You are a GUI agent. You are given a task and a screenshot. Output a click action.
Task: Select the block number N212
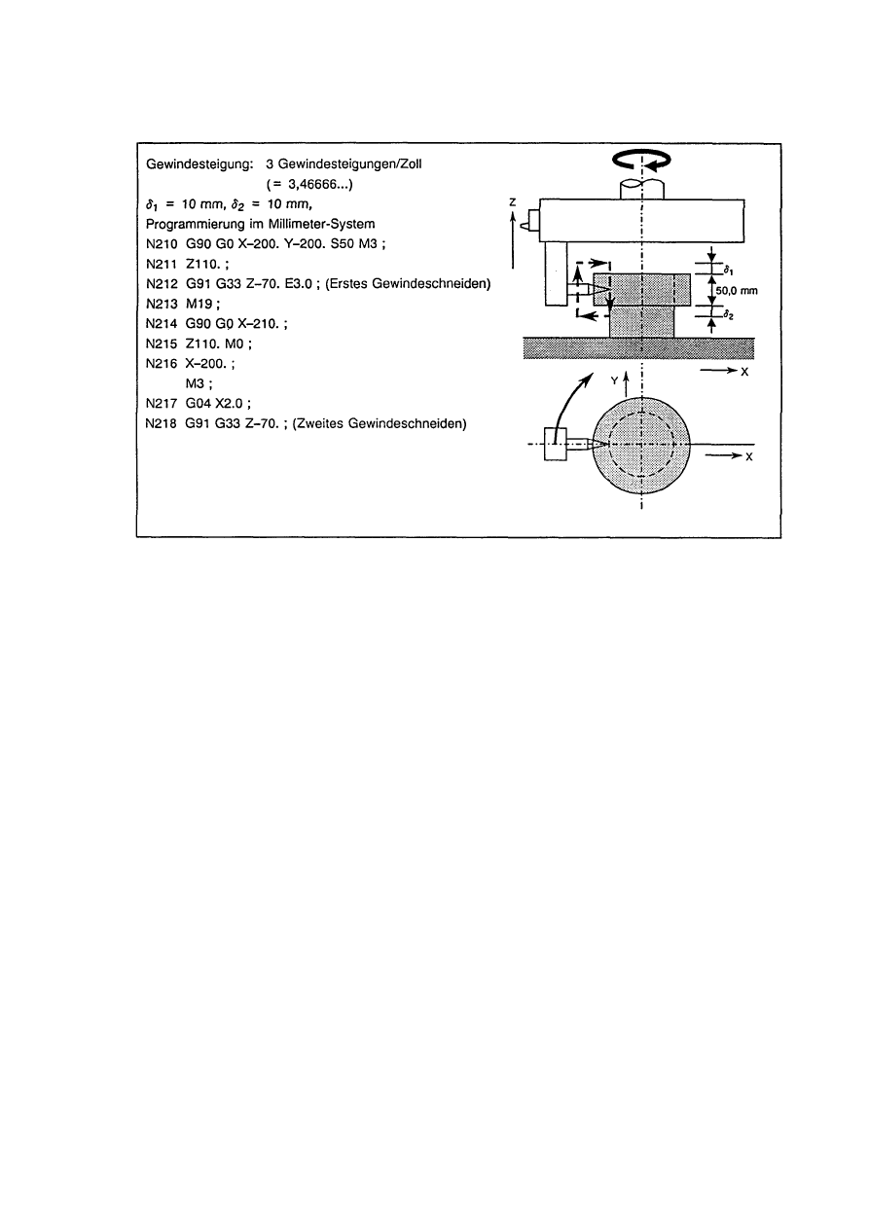[x=158, y=283]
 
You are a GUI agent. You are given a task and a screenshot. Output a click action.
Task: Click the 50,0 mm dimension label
[x=737, y=289]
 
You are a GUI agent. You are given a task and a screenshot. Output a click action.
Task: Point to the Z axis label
[x=512, y=201]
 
